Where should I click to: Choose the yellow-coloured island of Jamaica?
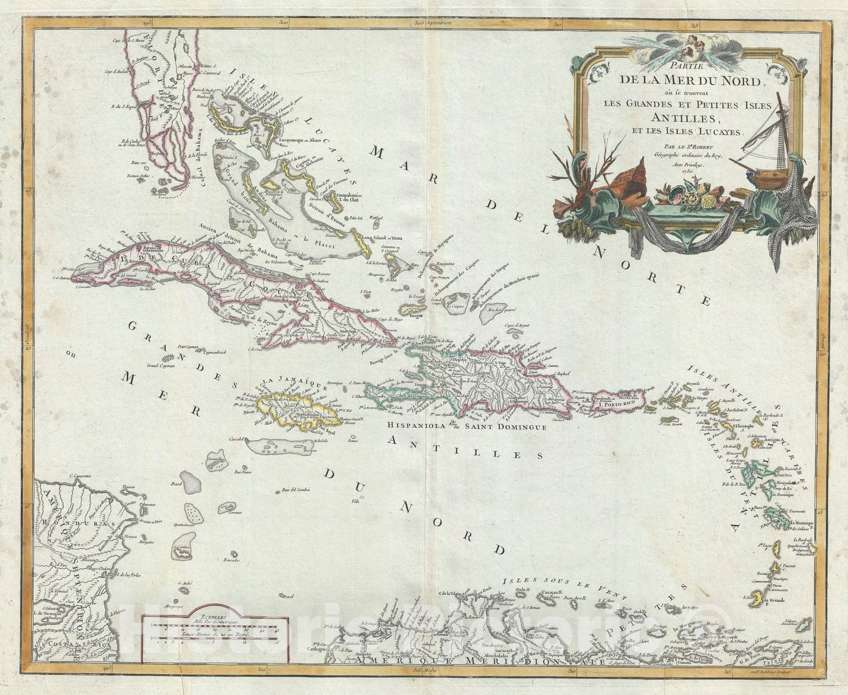coord(294,414)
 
